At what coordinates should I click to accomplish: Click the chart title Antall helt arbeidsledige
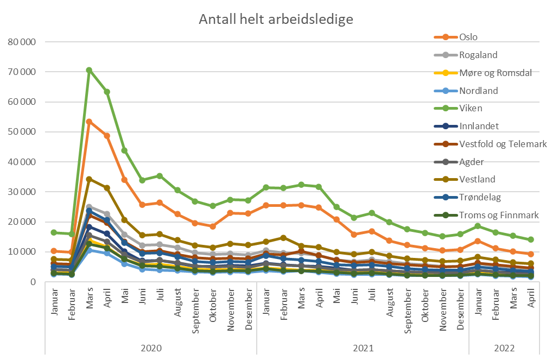(276, 20)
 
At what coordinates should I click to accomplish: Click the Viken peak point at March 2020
(89, 70)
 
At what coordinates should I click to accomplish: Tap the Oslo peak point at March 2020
(89, 122)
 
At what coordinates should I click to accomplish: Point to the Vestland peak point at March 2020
(89, 179)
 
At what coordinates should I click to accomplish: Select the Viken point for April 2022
(531, 239)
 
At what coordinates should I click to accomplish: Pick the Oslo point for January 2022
(478, 241)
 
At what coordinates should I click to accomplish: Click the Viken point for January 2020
(54, 232)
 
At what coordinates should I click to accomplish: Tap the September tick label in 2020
(195, 308)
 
